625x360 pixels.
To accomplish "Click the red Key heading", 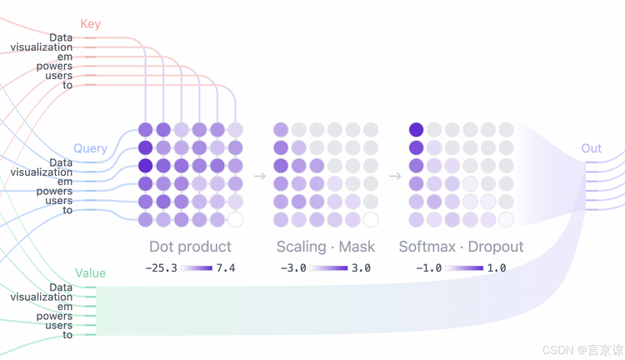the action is (90, 24).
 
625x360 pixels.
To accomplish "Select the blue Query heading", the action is (90, 148).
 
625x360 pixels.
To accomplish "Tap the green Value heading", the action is (91, 273).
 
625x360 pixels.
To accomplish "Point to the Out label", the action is (591, 148).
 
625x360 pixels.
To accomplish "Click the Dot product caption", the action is (190, 247).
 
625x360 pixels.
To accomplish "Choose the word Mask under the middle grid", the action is (357, 247).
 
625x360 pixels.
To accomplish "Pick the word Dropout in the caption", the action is (496, 247).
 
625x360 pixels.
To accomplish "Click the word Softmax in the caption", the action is (427, 247).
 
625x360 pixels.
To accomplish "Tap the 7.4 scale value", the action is (226, 267).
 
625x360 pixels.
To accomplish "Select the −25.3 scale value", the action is (162, 267).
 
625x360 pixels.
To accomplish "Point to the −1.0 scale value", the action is (429, 267).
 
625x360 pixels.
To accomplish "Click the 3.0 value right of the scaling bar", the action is (361, 267).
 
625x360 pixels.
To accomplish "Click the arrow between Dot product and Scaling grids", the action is (259, 176).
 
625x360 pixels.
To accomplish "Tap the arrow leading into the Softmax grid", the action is (395, 176).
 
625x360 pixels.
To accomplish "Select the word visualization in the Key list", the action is (42, 47).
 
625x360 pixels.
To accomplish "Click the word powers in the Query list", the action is (55, 191).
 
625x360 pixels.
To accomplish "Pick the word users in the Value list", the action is (59, 325).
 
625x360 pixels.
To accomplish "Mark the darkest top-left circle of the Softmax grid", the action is (416, 130).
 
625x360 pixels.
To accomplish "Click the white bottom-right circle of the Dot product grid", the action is (236, 220).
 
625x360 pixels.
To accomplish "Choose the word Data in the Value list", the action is (61, 287).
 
